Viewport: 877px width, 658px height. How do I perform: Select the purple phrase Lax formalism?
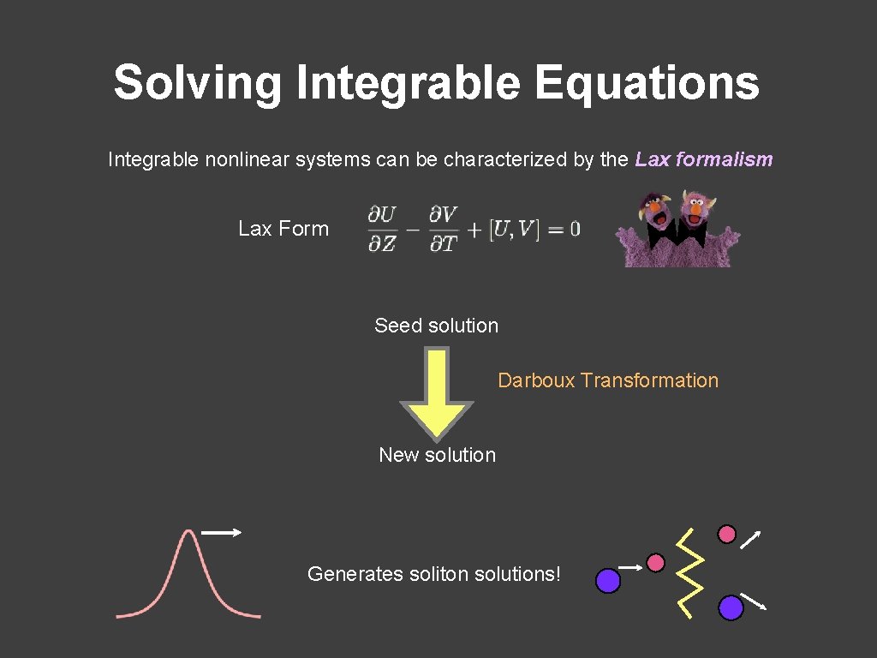click(703, 159)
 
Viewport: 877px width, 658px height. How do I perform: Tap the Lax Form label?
click(283, 229)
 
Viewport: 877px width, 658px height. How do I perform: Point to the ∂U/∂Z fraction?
click(382, 229)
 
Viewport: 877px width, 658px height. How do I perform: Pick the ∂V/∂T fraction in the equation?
click(443, 229)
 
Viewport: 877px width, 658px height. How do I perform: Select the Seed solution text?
click(436, 326)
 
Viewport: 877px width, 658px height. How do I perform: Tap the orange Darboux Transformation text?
click(608, 380)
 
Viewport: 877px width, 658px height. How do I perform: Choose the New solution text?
click(437, 455)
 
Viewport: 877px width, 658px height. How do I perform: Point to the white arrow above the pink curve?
click(221, 533)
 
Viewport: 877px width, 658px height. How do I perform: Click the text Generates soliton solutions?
click(433, 574)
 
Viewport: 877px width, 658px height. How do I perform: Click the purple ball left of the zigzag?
click(608, 581)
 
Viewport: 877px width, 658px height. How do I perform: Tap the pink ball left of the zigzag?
click(655, 563)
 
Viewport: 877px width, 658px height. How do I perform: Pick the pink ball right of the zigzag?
click(726, 535)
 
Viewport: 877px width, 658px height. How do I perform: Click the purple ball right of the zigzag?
click(730, 607)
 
